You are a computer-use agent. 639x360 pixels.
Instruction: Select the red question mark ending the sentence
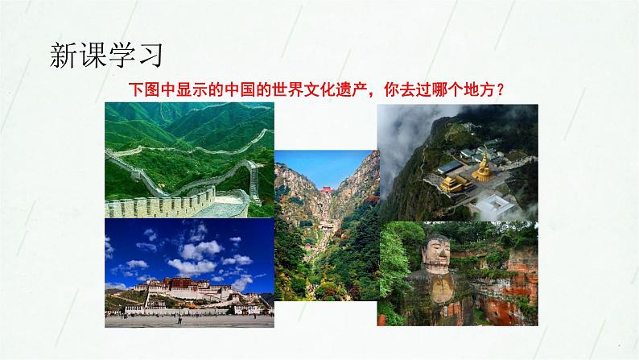click(x=501, y=89)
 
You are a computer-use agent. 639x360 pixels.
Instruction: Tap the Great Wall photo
click(x=189, y=159)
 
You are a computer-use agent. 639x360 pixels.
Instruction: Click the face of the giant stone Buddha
click(x=435, y=253)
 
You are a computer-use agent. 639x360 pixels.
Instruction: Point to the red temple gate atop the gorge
click(x=327, y=189)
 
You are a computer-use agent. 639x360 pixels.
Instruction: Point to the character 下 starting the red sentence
click(x=137, y=89)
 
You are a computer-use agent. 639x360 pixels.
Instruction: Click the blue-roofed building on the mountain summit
click(x=450, y=168)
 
